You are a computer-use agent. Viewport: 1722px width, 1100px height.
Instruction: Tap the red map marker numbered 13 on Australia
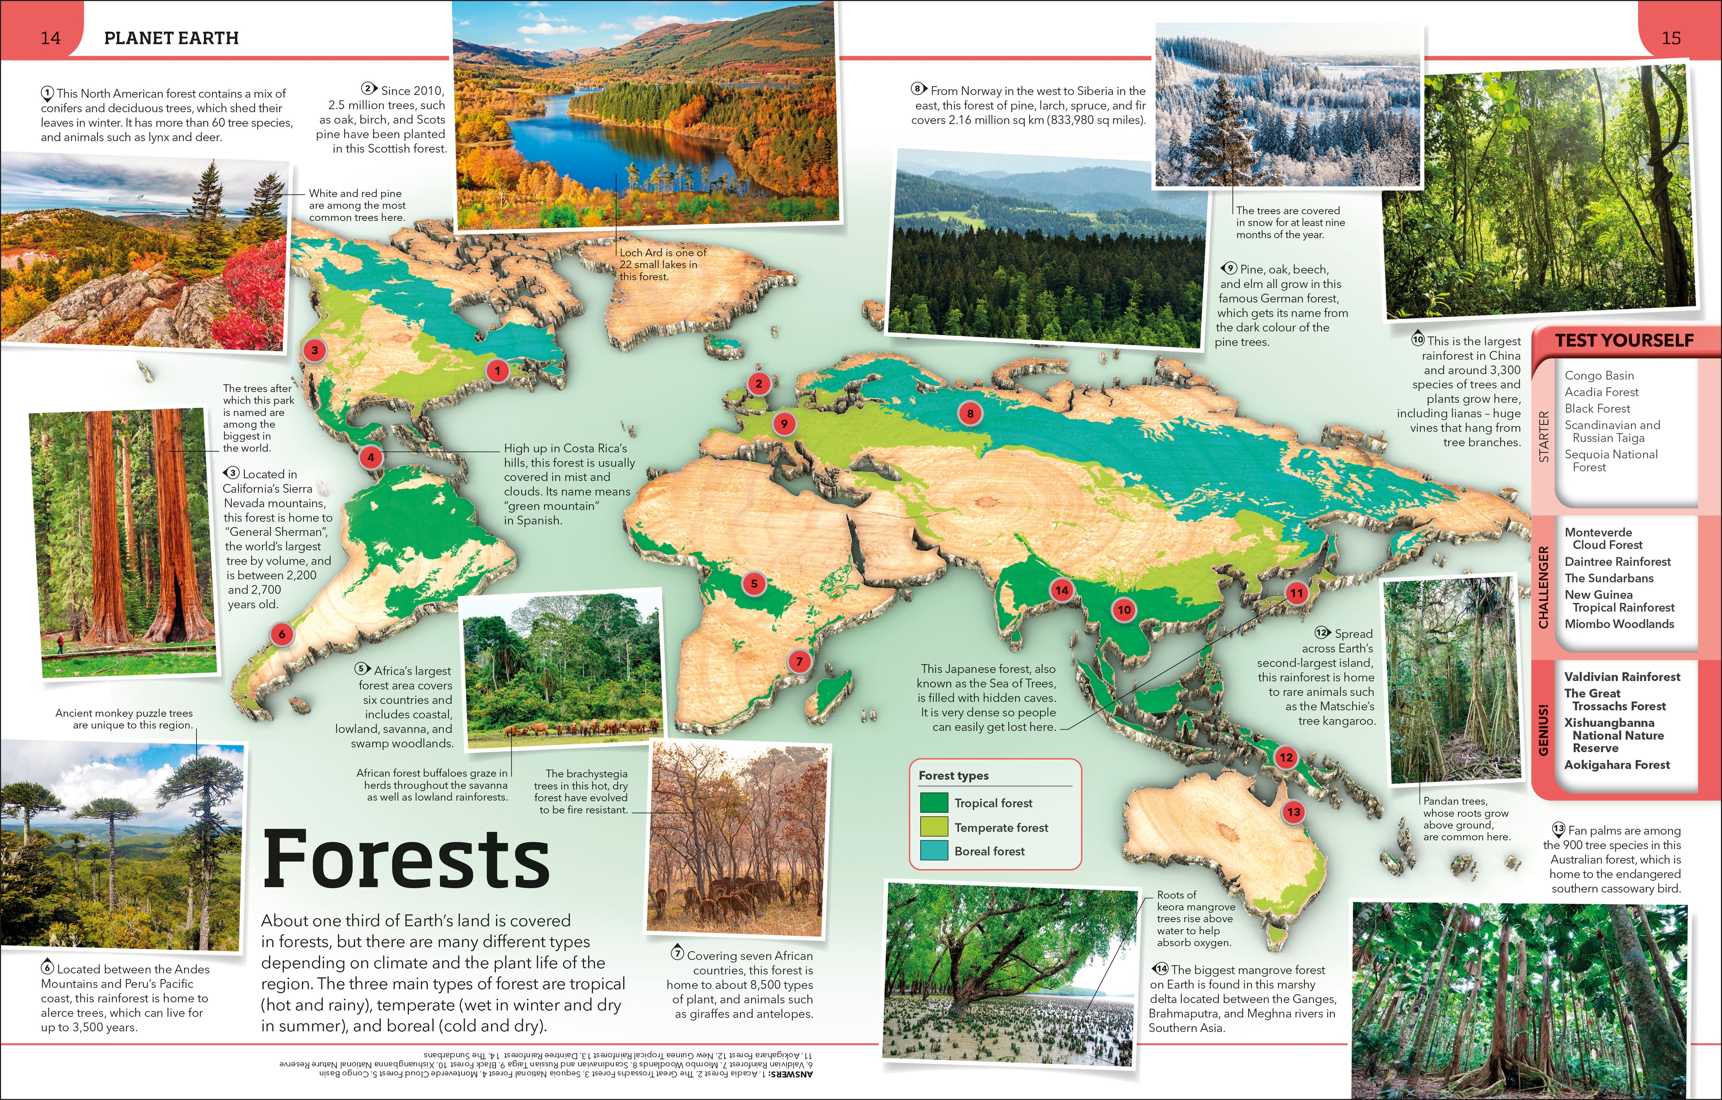point(1293,812)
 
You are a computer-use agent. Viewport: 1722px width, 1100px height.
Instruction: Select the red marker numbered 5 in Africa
point(754,583)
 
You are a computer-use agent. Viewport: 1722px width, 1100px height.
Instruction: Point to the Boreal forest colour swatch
point(933,850)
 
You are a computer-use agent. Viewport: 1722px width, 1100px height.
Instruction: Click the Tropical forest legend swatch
point(933,802)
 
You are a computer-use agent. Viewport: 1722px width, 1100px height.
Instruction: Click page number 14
point(50,38)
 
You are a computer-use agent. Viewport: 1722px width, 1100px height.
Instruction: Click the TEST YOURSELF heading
point(1624,340)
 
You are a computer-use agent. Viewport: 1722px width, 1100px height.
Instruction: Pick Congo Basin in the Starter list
point(1599,375)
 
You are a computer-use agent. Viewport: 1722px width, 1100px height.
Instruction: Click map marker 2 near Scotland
point(759,384)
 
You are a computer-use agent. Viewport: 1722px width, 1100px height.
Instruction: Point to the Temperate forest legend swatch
point(933,827)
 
